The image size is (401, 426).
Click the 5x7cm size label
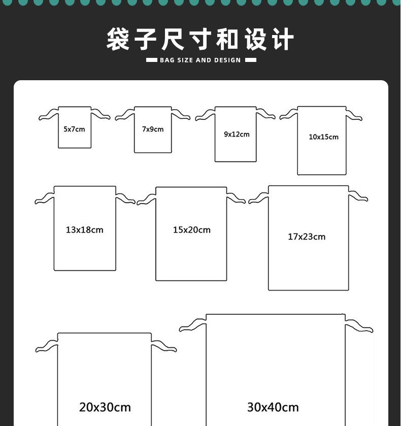(x=74, y=129)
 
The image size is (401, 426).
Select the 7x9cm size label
(x=153, y=129)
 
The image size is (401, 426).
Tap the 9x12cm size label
(x=237, y=135)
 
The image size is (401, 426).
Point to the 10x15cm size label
(x=323, y=137)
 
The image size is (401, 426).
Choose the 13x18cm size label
(x=84, y=230)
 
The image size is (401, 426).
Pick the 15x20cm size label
(x=191, y=230)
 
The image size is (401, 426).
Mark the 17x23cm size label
(x=307, y=237)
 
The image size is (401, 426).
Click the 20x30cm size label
(x=105, y=407)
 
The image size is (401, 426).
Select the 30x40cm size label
(x=273, y=407)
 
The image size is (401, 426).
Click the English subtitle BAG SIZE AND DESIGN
(x=201, y=60)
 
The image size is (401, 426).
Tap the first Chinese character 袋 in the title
(x=118, y=40)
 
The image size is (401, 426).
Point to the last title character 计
(x=282, y=40)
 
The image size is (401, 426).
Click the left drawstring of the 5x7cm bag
(x=49, y=115)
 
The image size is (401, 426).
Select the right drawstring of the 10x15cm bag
(x=354, y=115)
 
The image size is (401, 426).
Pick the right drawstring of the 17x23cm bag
(x=358, y=195)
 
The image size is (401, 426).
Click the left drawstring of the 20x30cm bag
(x=46, y=346)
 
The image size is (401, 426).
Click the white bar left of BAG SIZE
(x=151, y=60)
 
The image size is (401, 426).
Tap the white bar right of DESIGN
(x=250, y=60)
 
